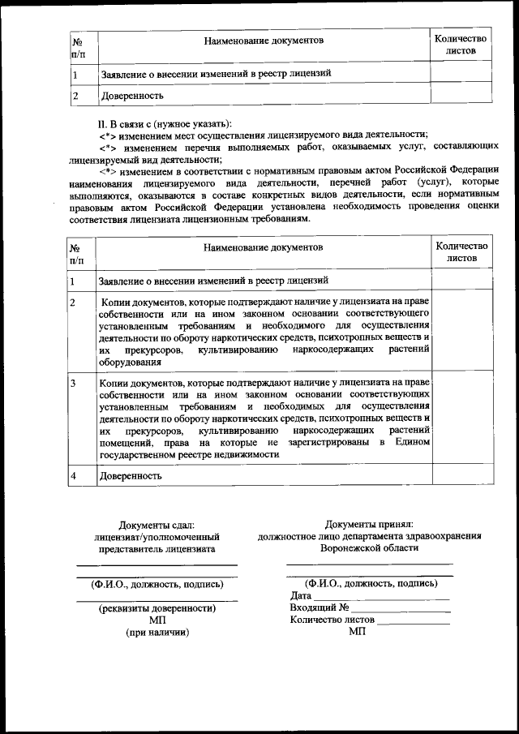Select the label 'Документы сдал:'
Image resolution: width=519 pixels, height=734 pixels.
coord(157,526)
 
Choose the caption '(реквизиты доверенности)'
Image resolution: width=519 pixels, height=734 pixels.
coord(157,607)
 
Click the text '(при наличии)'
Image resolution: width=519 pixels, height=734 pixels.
coord(157,632)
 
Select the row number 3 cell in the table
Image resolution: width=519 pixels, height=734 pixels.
coord(81,382)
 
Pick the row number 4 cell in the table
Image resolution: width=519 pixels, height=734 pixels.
coord(81,476)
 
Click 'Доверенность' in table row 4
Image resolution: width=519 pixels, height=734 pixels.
coord(131,476)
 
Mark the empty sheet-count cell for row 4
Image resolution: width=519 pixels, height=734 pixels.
coord(461,476)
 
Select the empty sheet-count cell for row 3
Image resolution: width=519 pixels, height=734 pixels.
coord(461,418)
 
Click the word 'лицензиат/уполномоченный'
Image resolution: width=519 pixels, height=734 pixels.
coord(157,537)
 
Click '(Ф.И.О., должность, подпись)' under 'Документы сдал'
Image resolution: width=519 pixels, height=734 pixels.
coord(157,583)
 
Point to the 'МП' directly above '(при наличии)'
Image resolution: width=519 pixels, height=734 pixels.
coord(157,620)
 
